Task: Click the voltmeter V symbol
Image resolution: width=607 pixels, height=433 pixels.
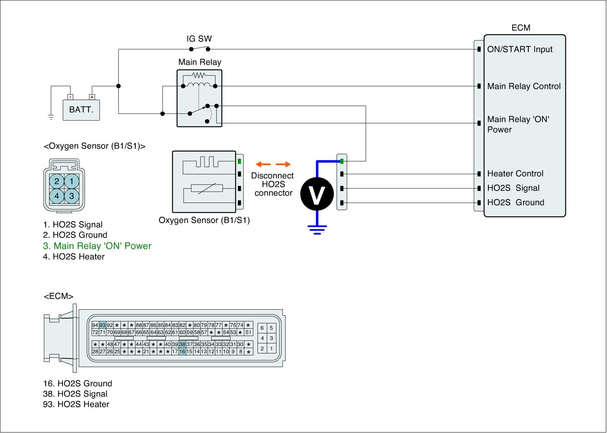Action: [x=317, y=194]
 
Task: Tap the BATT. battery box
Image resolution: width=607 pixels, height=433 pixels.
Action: [x=81, y=110]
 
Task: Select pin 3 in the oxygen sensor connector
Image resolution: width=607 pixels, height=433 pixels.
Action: [x=72, y=195]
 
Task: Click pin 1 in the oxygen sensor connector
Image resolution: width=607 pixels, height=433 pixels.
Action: [x=72, y=181]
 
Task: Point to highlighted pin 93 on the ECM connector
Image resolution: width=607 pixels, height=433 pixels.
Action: [x=102, y=325]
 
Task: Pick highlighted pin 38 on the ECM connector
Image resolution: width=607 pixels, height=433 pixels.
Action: [x=182, y=344]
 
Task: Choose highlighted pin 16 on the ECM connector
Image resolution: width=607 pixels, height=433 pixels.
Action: [x=182, y=352]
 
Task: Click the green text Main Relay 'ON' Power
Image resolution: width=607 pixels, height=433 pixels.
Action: [x=97, y=246]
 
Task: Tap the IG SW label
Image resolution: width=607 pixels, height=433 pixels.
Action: [x=199, y=39]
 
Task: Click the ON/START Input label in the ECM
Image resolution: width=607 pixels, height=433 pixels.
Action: [x=520, y=49]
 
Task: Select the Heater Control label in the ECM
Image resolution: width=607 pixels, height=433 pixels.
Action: [x=515, y=174]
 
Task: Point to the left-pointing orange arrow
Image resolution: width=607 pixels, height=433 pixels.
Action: [x=263, y=164]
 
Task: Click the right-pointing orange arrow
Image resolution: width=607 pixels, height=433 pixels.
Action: [x=283, y=164]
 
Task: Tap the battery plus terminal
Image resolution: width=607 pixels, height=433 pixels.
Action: [x=92, y=97]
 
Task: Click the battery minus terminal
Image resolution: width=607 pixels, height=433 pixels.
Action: [x=70, y=97]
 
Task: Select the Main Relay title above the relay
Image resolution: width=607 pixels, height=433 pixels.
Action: [x=200, y=62]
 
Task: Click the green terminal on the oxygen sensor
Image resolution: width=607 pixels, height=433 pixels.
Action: [x=239, y=161]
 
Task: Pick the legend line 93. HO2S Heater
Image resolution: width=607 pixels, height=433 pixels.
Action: [x=76, y=404]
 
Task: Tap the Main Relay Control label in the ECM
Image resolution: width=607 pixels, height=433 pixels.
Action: [x=524, y=86]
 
